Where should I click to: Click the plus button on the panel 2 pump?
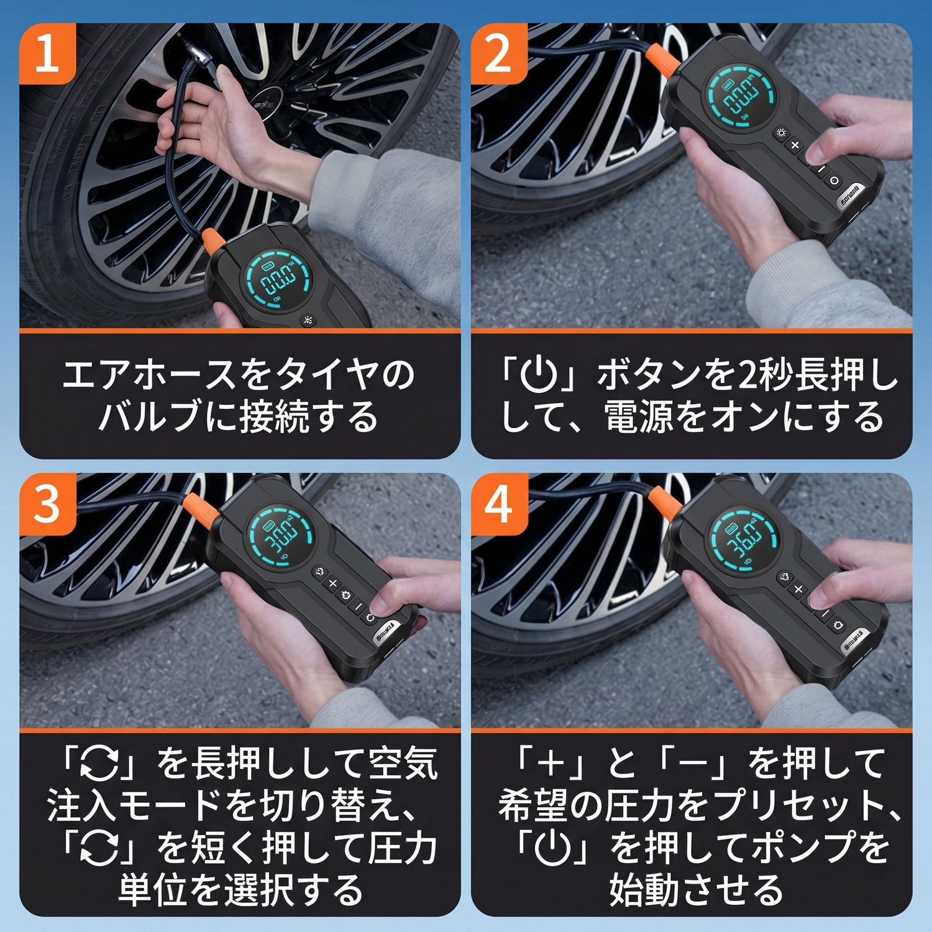[x=795, y=145]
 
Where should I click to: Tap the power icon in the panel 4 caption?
[x=553, y=847]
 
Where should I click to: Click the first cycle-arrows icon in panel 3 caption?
[x=100, y=763]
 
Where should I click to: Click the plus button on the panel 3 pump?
[x=332, y=583]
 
